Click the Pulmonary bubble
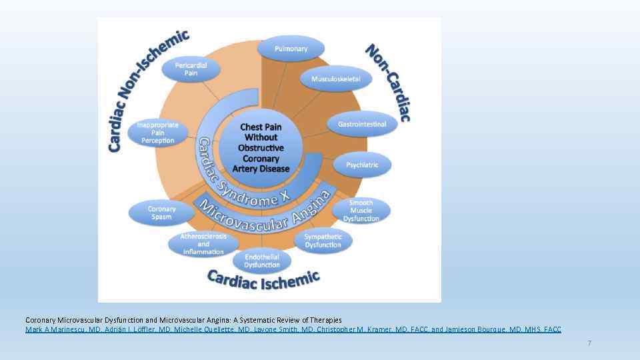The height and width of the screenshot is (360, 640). pyautogui.click(x=291, y=49)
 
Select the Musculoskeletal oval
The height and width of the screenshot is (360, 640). pyautogui.click(x=336, y=79)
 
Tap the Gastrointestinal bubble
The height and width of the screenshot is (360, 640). pyautogui.click(x=362, y=125)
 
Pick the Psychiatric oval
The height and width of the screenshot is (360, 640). pyautogui.click(x=362, y=165)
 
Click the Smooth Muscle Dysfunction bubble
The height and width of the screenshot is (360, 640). pyautogui.click(x=361, y=211)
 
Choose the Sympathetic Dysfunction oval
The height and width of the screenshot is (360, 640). pyautogui.click(x=323, y=241)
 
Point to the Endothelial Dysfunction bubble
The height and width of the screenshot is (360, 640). pyautogui.click(x=262, y=261)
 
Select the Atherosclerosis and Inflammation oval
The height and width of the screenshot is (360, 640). pyautogui.click(x=203, y=244)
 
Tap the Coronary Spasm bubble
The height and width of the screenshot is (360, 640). pyautogui.click(x=161, y=213)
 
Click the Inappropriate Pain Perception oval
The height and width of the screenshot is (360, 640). pyautogui.click(x=158, y=133)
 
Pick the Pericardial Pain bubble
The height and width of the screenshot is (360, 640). pyautogui.click(x=191, y=69)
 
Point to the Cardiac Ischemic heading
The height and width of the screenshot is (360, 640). pyautogui.click(x=263, y=279)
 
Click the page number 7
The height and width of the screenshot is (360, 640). pyautogui.click(x=589, y=343)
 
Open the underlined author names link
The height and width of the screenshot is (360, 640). pyautogui.click(x=293, y=329)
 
